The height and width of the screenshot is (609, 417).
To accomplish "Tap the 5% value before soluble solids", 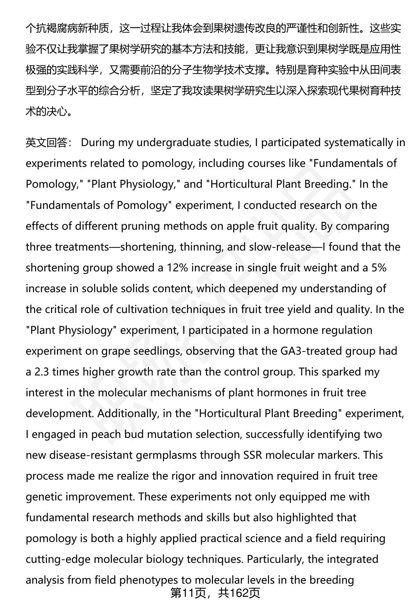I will tap(378, 268).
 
